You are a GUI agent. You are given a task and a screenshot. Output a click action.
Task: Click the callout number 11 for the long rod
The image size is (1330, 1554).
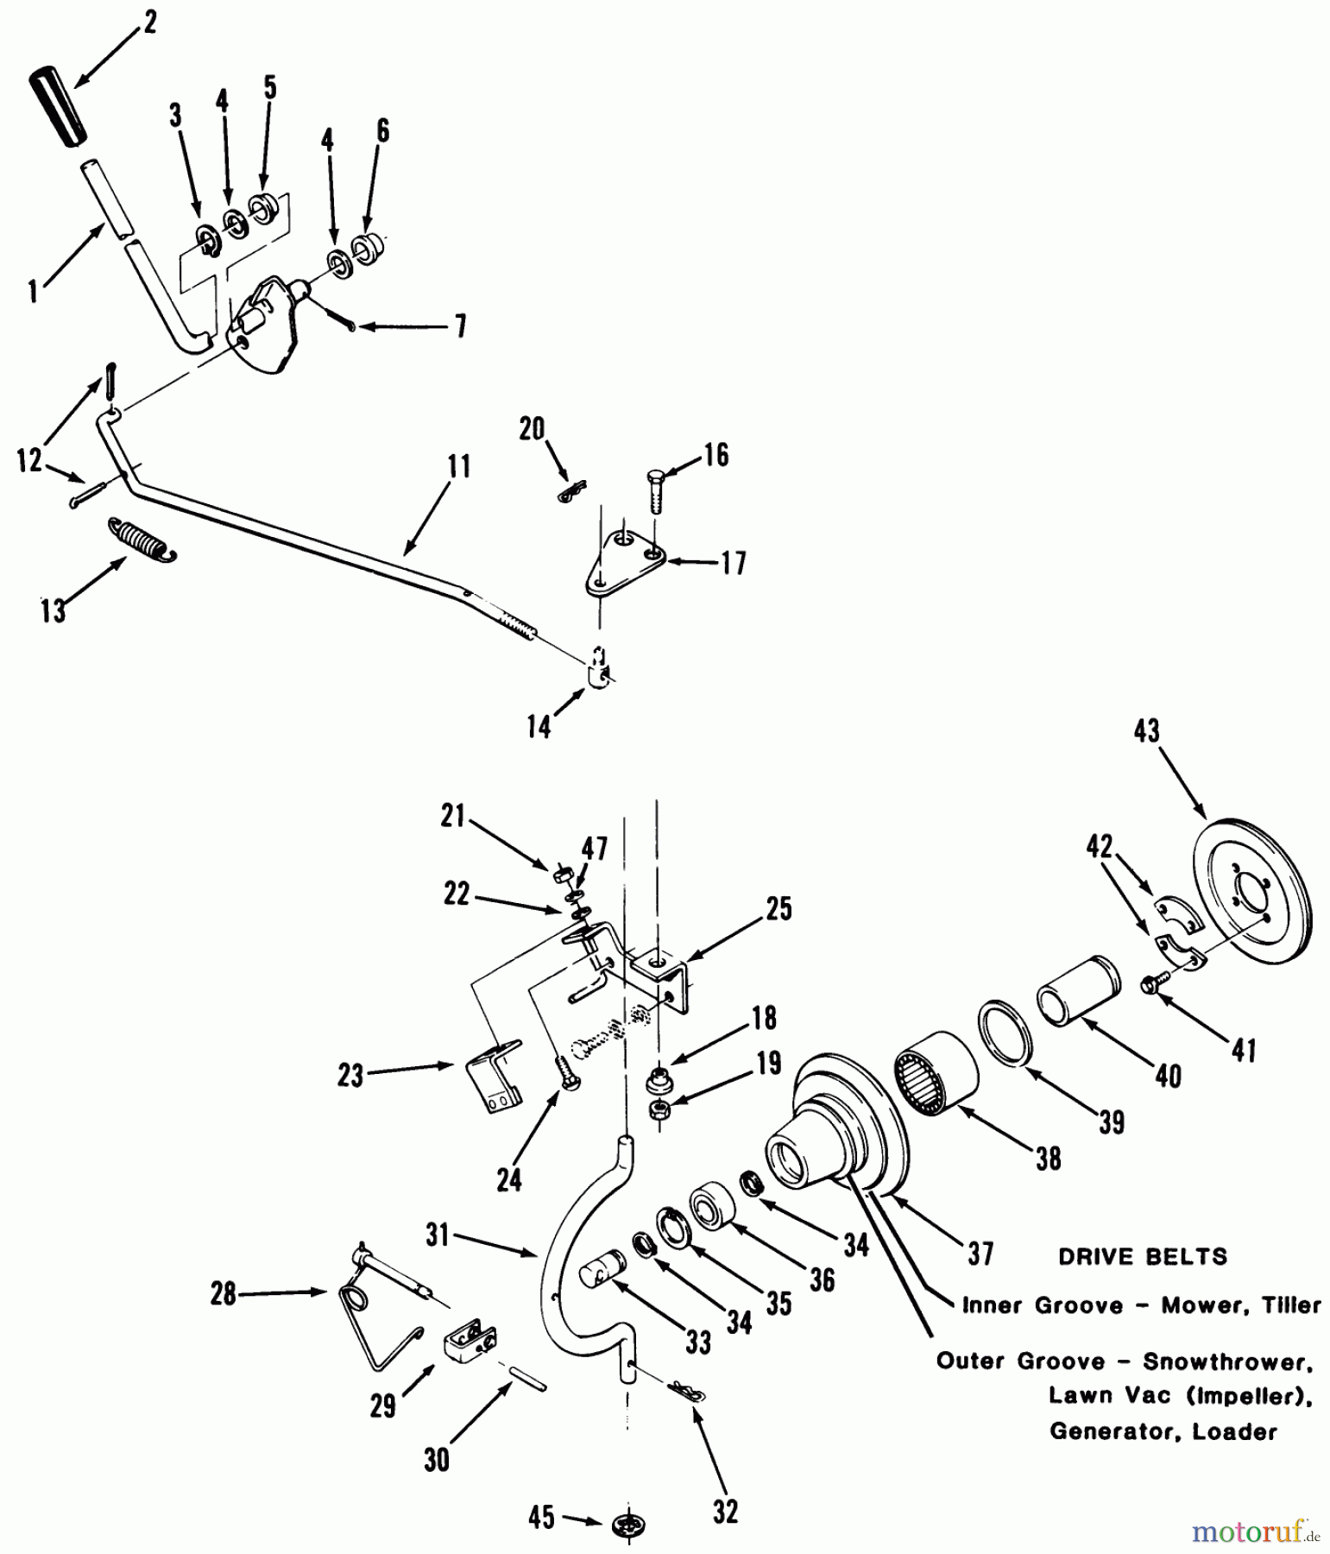(459, 467)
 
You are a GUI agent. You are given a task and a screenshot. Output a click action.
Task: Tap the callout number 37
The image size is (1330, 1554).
(980, 1253)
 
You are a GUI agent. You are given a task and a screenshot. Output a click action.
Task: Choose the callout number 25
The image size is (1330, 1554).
(778, 909)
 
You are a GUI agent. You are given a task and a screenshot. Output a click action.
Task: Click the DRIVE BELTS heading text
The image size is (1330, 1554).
(1143, 1256)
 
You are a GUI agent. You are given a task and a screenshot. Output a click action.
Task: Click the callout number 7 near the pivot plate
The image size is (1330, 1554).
(460, 326)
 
